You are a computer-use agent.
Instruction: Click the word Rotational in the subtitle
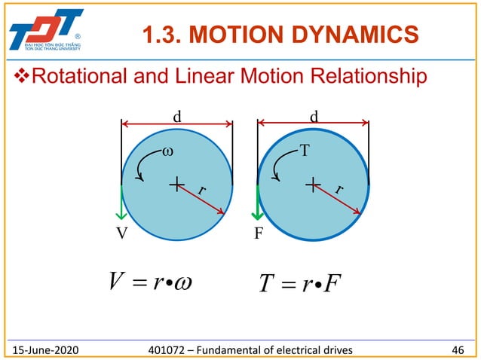(82, 77)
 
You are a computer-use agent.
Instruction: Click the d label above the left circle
(177, 117)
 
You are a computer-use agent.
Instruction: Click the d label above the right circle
(314, 117)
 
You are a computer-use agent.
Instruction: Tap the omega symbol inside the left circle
(167, 151)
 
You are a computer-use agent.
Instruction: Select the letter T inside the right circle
(304, 151)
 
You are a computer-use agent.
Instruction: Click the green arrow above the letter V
(121, 202)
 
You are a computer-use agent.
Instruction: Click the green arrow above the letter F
(259, 202)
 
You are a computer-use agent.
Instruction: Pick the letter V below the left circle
(121, 233)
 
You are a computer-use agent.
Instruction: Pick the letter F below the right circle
(258, 233)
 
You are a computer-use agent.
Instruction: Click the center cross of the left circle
(177, 183)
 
